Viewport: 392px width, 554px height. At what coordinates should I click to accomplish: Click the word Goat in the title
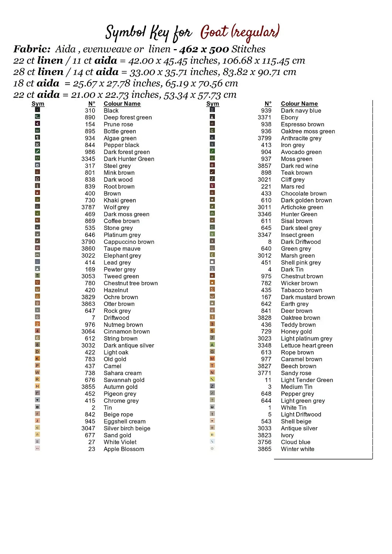pyautogui.click(x=214, y=32)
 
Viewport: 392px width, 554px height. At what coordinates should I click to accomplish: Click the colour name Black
pyautogui.click(x=111, y=110)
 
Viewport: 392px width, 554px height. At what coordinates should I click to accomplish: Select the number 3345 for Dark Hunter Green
pyautogui.click(x=88, y=159)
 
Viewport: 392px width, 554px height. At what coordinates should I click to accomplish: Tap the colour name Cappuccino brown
pyautogui.click(x=129, y=242)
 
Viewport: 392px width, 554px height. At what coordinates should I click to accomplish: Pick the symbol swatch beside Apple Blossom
pyautogui.click(x=37, y=448)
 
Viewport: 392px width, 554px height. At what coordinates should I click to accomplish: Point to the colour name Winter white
pyautogui.click(x=297, y=449)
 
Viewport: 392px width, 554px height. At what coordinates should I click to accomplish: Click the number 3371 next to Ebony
pyautogui.click(x=264, y=117)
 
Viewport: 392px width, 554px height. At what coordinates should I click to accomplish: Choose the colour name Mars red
pyautogui.click(x=293, y=187)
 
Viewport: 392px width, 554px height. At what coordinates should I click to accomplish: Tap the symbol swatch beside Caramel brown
pyautogui.click(x=212, y=358)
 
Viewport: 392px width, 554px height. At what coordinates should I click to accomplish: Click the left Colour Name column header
pyautogui.click(x=122, y=104)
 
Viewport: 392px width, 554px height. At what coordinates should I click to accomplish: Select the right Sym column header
pyautogui.click(x=213, y=104)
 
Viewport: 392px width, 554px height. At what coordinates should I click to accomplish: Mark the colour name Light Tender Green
pyautogui.click(x=307, y=380)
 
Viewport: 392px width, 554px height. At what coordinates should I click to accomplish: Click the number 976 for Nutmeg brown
pyautogui.click(x=90, y=325)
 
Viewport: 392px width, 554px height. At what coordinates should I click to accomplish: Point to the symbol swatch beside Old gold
pyautogui.click(x=37, y=358)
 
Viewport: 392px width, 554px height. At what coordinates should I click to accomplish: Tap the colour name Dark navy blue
pyautogui.click(x=301, y=110)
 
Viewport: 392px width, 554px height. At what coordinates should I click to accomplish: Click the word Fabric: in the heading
pyautogui.click(x=32, y=49)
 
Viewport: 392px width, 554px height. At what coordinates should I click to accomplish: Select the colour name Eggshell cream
pyautogui.click(x=124, y=421)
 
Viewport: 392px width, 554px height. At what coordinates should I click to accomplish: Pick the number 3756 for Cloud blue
pyautogui.click(x=264, y=442)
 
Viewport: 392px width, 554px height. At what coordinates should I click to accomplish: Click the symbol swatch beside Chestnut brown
pyautogui.click(x=212, y=276)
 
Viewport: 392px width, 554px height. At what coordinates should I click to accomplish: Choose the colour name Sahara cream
pyautogui.click(x=122, y=373)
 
